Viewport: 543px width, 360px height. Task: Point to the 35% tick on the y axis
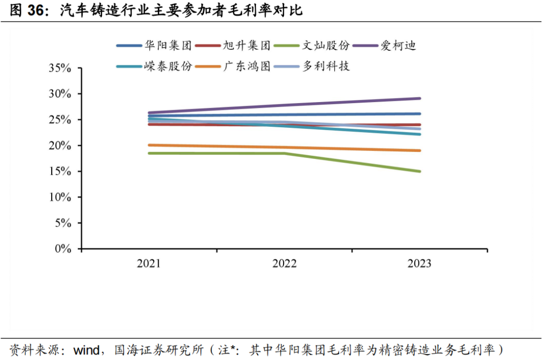[60, 68]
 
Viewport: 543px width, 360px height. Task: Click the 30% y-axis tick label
[60, 94]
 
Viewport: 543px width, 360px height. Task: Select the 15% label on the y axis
[60, 171]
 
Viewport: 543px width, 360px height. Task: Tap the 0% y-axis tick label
[63, 248]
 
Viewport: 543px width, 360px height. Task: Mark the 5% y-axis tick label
[63, 223]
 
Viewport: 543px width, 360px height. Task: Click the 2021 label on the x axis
[149, 263]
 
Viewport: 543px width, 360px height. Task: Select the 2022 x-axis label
[284, 263]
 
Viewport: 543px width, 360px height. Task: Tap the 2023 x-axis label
[419, 263]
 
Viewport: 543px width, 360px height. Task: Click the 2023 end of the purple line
[419, 99]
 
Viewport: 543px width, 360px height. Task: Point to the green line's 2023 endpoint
[419, 171]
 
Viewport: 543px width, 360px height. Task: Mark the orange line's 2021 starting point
[149, 145]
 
